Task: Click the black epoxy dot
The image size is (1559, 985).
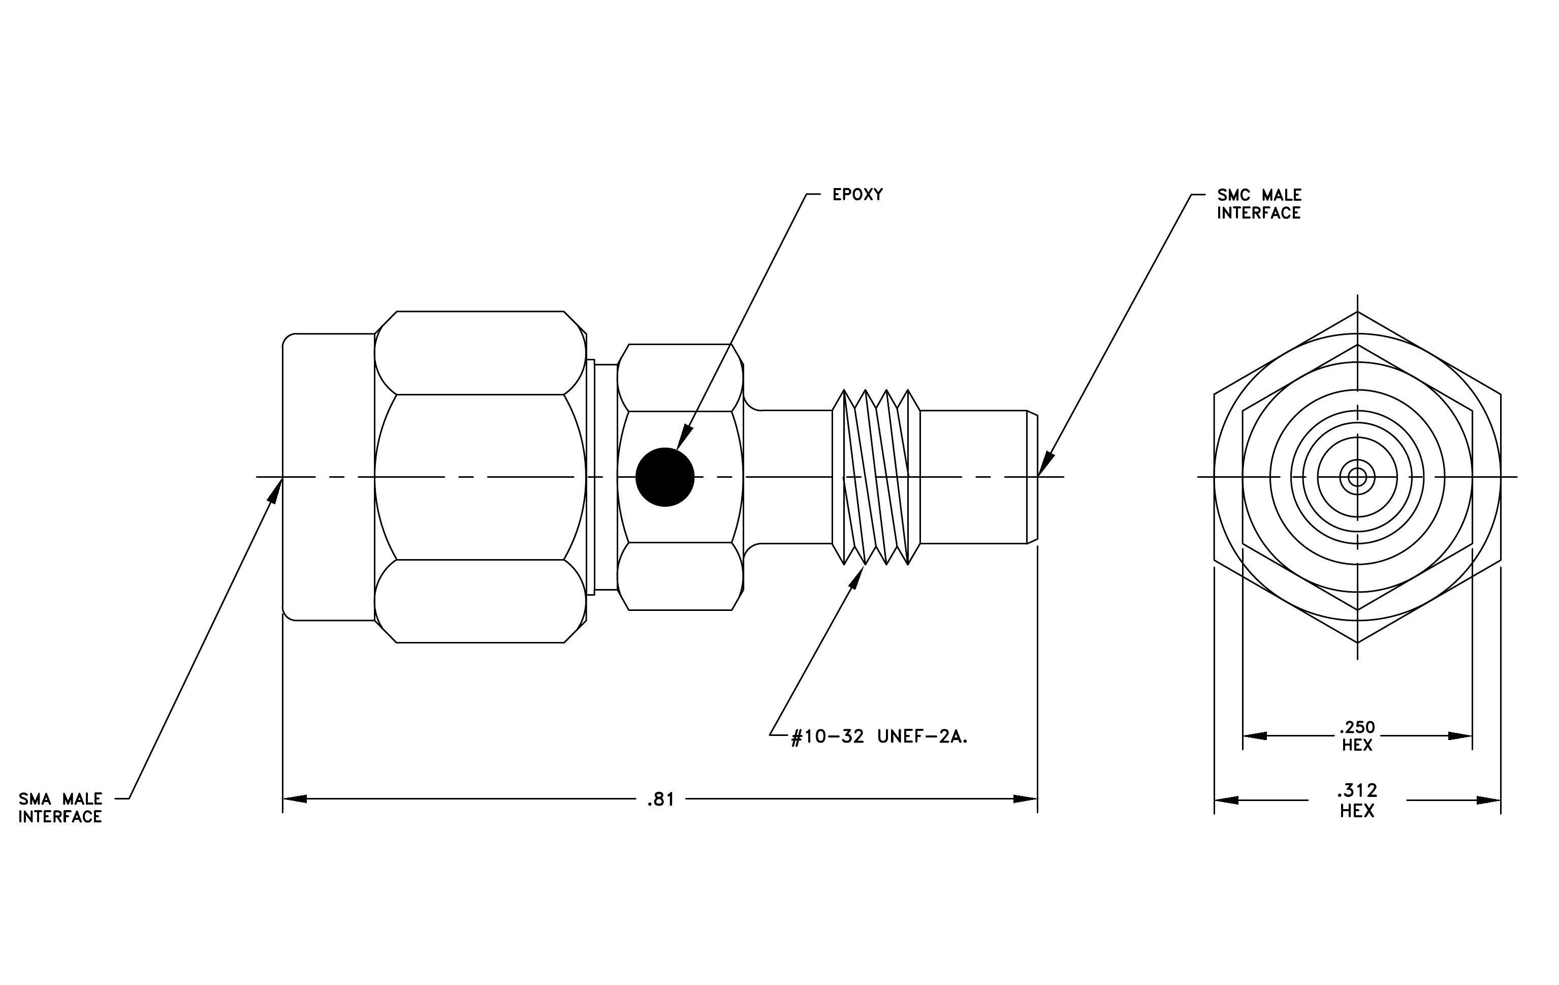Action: tap(665, 477)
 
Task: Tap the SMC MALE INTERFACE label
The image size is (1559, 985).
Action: tap(1259, 204)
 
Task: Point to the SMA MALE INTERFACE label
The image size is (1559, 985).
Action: tap(60, 808)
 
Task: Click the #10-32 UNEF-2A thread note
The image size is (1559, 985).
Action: tap(879, 737)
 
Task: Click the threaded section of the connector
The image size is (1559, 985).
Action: tap(876, 477)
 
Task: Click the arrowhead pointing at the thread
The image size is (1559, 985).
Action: tap(857, 577)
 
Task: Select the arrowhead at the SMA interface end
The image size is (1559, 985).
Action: tap(275, 489)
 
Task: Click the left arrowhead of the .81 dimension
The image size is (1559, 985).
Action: tap(295, 799)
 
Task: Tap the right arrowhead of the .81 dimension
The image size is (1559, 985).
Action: tap(1026, 799)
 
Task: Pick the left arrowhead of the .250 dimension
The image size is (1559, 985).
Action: tap(1255, 735)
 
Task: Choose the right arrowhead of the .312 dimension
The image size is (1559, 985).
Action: tap(1488, 800)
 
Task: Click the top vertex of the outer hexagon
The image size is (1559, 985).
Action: tap(1358, 312)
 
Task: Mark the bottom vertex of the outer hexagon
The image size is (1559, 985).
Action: tap(1358, 642)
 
